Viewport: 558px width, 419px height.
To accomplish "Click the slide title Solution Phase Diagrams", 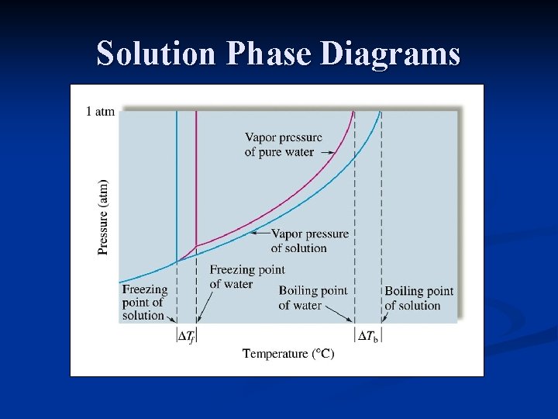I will pyautogui.click(x=278, y=54).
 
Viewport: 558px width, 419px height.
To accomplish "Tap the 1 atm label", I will pyautogui.click(x=99, y=112).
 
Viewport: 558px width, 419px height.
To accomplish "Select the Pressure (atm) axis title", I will pyautogui.click(x=104, y=217).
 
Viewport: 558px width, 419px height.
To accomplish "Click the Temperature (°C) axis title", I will pyautogui.click(x=288, y=354).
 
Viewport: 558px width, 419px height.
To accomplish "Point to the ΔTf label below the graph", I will pyautogui.click(x=186, y=336).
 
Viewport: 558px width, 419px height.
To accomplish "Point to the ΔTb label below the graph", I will pyautogui.click(x=368, y=336).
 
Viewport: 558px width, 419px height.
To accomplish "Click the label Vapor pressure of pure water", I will pyautogui.click(x=283, y=145).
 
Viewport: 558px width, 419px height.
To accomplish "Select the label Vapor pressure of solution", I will pyautogui.click(x=310, y=241).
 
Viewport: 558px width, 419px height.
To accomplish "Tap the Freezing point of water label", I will pyautogui.click(x=246, y=277).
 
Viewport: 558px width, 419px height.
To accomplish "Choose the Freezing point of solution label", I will pyautogui.click(x=144, y=303).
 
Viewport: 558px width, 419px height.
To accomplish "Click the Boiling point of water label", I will pyautogui.click(x=312, y=298).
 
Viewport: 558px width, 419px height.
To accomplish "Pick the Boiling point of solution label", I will pyautogui.click(x=418, y=298).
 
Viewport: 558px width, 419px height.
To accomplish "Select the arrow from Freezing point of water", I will pyautogui.click(x=203, y=306).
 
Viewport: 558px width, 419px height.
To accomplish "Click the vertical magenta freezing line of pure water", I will pyautogui.click(x=196, y=178).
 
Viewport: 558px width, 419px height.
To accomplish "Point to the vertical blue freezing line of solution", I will pyautogui.click(x=177, y=178).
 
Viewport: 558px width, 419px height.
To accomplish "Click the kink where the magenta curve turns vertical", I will pyautogui.click(x=196, y=246).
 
